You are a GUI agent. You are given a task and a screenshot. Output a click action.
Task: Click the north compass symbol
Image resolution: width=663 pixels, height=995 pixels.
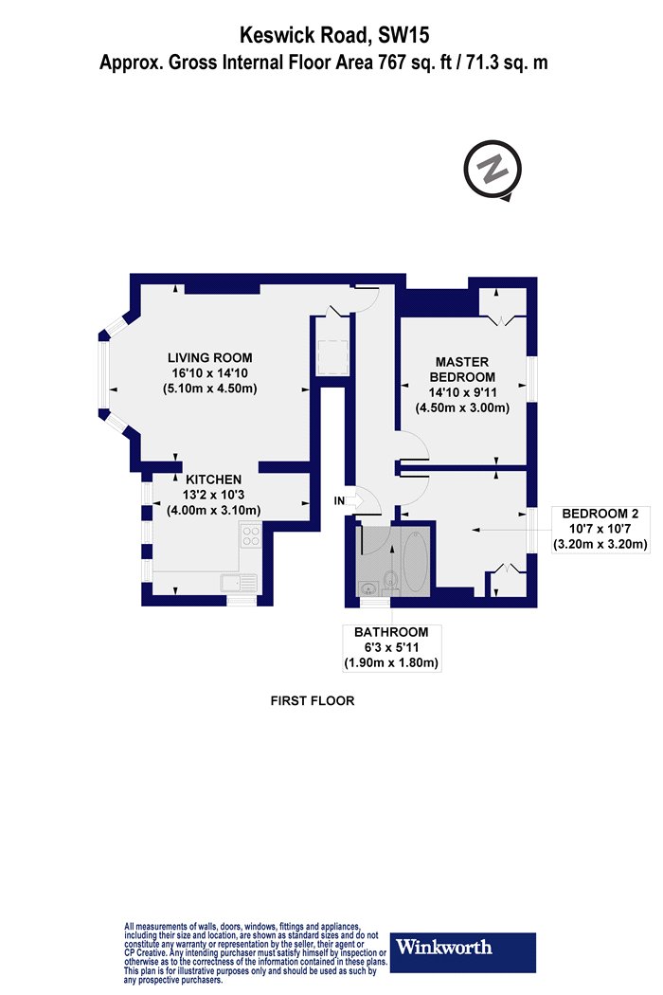click(x=493, y=170)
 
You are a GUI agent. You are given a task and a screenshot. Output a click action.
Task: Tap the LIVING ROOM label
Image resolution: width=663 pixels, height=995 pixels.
click(x=210, y=357)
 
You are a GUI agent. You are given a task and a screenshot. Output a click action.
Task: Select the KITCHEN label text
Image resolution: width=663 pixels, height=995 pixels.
click(x=213, y=479)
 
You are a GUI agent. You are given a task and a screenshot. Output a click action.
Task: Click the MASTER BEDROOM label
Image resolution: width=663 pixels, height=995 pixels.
click(x=462, y=370)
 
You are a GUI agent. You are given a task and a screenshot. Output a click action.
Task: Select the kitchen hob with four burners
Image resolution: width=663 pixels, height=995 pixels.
click(x=251, y=534)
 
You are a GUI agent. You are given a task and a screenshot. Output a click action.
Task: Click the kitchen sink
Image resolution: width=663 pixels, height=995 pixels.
click(x=239, y=583)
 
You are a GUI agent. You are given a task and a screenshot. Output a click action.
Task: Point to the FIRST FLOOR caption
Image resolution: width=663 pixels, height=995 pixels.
click(x=313, y=700)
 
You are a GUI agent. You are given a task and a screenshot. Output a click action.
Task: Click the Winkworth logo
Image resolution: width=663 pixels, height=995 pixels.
click(x=462, y=952)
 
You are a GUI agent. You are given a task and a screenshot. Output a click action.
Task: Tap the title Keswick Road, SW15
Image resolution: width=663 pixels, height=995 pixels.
click(x=334, y=35)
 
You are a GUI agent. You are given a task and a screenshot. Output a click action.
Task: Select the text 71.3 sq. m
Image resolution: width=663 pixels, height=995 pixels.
click(x=507, y=63)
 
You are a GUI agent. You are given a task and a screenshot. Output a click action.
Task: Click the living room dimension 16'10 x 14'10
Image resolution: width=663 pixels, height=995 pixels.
click(x=210, y=373)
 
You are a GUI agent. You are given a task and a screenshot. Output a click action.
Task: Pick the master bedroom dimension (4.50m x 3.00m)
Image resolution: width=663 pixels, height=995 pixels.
click(x=462, y=407)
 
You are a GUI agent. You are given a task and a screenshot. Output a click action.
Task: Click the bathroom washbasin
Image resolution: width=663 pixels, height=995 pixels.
click(x=368, y=588)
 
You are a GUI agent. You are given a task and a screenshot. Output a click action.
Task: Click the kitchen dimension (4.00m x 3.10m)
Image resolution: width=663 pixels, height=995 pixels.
click(x=213, y=510)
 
